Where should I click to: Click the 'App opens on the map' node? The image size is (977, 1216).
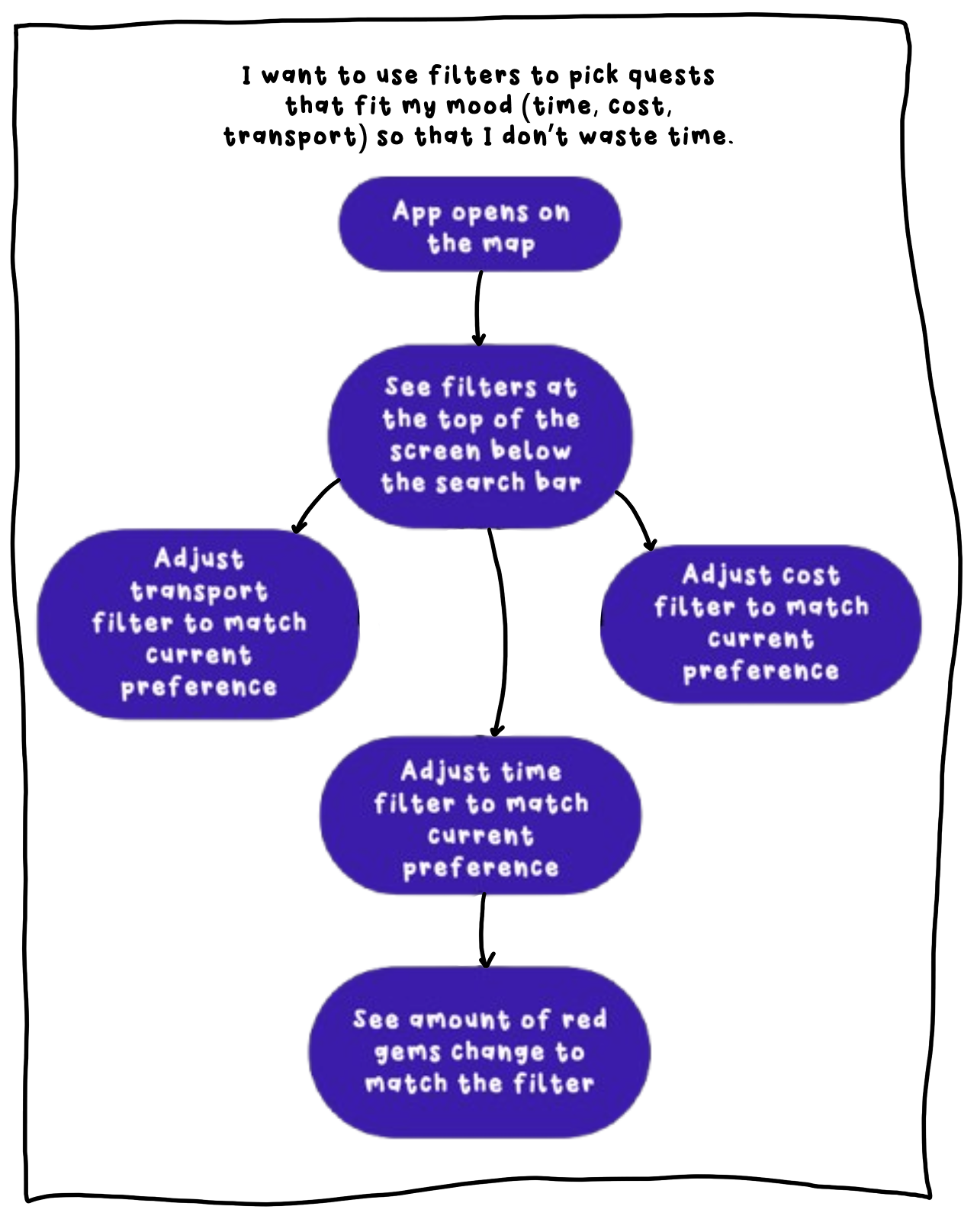480,225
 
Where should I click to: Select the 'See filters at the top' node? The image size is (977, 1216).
480,435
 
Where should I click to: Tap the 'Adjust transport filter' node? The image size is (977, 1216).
198,623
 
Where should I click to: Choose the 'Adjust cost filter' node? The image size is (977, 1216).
760,623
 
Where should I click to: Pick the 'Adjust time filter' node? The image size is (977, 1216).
480,816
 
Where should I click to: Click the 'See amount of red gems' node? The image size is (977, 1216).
479,1052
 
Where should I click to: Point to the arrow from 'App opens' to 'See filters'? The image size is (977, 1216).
478,309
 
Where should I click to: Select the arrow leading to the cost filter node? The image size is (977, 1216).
638,519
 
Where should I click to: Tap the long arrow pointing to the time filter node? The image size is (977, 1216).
503,633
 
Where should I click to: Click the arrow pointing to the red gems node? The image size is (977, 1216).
484,931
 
